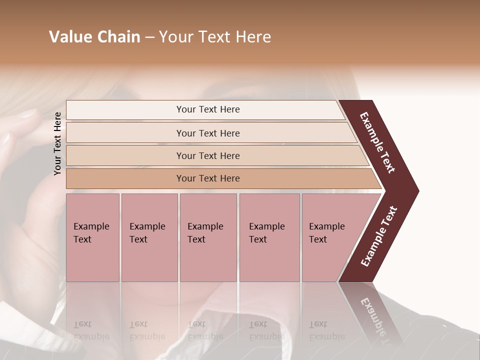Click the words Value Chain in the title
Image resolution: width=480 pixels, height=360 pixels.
[94, 37]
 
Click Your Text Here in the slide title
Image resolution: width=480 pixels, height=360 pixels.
[215, 37]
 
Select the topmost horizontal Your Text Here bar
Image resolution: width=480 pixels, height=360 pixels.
[207, 109]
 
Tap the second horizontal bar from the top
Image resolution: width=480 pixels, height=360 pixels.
[207, 133]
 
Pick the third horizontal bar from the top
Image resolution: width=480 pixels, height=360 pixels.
[207, 155]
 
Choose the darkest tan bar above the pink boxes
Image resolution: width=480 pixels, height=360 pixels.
[207, 178]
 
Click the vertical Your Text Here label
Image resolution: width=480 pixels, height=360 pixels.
[57, 143]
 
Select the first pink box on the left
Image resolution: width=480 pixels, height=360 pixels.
[92, 237]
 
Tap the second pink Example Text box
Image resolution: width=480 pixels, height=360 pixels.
[149, 237]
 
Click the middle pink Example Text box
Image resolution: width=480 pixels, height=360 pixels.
[208, 237]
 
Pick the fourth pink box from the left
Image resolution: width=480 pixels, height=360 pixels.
[269, 237]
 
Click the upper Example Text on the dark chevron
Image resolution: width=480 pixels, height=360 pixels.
[378, 142]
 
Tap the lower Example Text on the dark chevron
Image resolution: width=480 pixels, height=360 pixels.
[379, 236]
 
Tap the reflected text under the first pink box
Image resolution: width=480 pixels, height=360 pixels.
[91, 330]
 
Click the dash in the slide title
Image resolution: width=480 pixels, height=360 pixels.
[149, 37]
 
